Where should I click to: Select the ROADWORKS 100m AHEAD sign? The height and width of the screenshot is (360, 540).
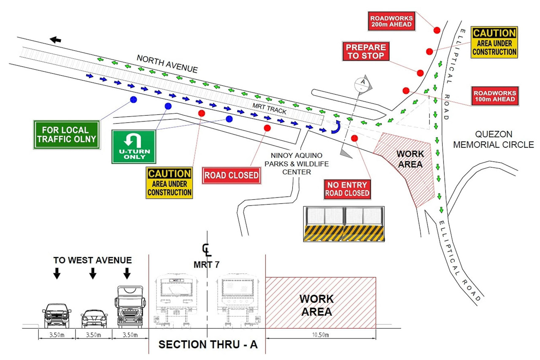[494, 96]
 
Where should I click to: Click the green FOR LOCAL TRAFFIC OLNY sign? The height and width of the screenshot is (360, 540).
[67, 135]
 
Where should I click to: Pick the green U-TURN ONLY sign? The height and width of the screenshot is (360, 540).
[134, 146]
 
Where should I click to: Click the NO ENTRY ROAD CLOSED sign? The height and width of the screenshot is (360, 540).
[347, 189]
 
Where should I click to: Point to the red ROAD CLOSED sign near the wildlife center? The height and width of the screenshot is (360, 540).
[232, 175]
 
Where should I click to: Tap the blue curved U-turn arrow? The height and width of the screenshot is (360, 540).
[336, 127]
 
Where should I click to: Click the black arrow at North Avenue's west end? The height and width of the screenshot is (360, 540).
[56, 40]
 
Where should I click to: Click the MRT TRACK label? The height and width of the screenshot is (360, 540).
[270, 109]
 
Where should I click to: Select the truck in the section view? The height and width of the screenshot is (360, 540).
[130, 306]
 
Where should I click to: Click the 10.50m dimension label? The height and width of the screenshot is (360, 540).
[321, 335]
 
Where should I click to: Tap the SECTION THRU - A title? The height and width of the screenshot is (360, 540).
[208, 344]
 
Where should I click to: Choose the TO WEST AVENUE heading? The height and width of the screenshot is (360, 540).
[92, 260]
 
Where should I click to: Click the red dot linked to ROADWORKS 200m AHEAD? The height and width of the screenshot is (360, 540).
[437, 30]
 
